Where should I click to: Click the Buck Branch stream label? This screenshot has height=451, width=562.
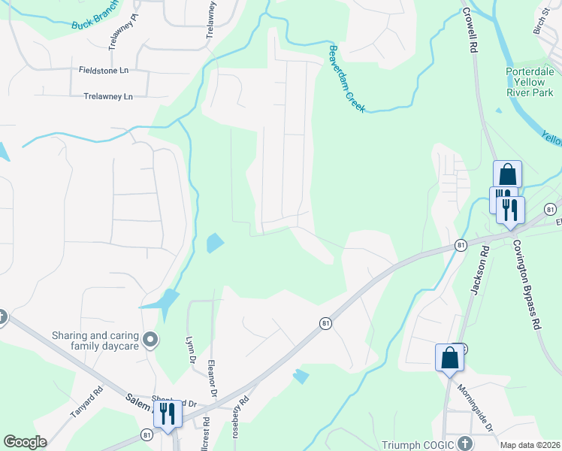pyautogui.click(x=95, y=20)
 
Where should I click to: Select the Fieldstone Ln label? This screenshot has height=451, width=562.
pyautogui.click(x=104, y=70)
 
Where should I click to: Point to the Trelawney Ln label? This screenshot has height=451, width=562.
pyautogui.click(x=107, y=96)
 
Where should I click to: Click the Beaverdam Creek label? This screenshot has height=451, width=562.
pyautogui.click(x=346, y=78)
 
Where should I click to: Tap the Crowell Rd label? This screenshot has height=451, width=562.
pyautogui.click(x=471, y=30)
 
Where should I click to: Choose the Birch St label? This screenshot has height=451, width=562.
pyautogui.click(x=541, y=26)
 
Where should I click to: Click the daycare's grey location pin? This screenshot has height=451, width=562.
pyautogui.click(x=150, y=341)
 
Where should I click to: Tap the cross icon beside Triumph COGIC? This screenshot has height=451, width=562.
pyautogui.click(x=464, y=443)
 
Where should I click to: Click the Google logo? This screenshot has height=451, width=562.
pyautogui.click(x=25, y=442)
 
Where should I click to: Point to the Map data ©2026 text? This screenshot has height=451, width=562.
pyautogui.click(x=530, y=445)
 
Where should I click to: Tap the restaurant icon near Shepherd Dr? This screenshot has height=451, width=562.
pyautogui.click(x=168, y=413)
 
